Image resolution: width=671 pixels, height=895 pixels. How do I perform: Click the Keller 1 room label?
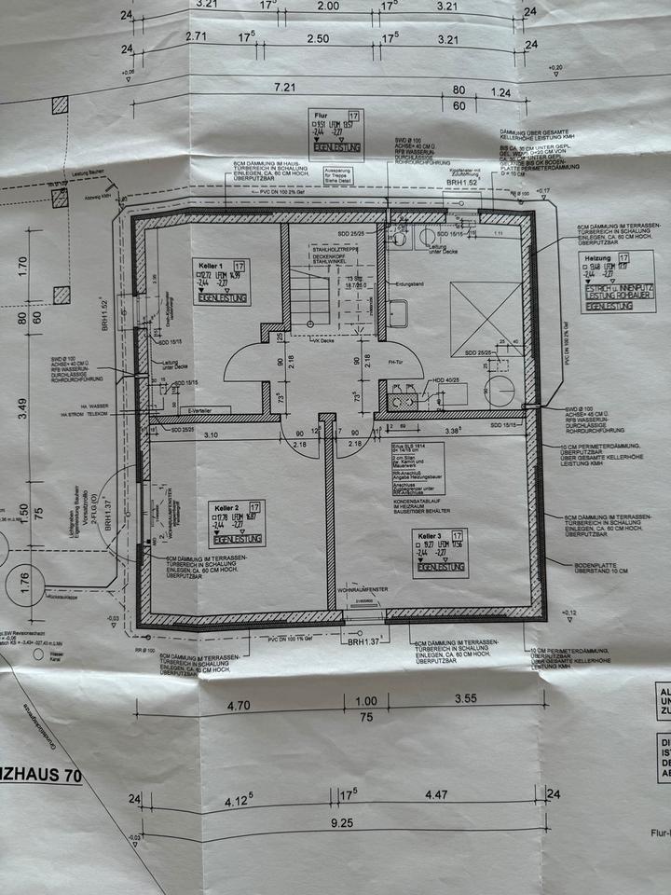[x=208, y=266]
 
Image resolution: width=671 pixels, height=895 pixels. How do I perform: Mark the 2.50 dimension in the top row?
[x=318, y=38]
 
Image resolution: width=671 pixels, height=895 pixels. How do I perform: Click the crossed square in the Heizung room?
[x=486, y=318]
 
